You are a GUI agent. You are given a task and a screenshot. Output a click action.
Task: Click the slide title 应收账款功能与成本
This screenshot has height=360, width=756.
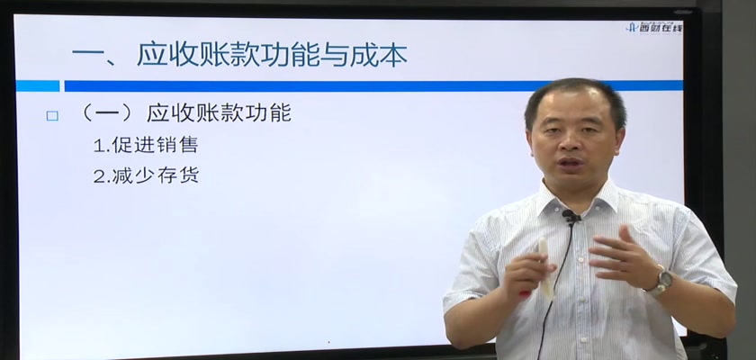273,55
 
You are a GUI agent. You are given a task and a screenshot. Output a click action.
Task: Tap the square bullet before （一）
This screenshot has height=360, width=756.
52,116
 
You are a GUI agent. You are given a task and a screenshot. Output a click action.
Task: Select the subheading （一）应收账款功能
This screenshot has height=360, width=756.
184,113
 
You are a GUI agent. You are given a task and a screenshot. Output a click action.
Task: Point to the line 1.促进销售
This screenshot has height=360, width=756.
146,145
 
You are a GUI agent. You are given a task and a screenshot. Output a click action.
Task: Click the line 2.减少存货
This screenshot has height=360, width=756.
146,175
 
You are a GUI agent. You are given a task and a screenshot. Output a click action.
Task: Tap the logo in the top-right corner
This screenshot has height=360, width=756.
654,27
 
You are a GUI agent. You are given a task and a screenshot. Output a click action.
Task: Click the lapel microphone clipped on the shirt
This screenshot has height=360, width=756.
571,216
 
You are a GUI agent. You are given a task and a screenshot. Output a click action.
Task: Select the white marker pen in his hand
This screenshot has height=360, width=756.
544,266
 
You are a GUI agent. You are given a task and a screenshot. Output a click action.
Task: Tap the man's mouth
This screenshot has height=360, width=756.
571,162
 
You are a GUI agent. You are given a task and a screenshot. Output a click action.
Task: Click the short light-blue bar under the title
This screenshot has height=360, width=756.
38,85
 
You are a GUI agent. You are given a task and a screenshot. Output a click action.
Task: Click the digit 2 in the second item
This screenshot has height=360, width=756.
99,176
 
